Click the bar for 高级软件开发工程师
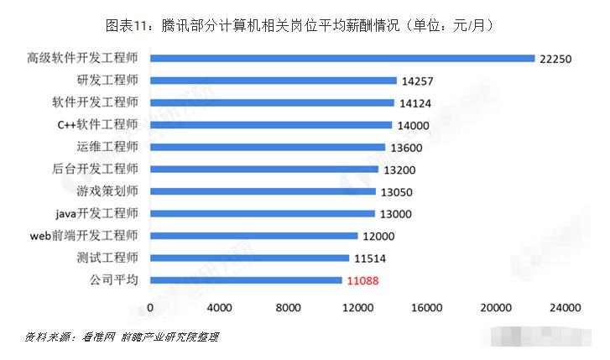(341, 59)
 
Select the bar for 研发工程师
(273, 81)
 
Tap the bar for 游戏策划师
(263, 191)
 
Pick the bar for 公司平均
(246, 280)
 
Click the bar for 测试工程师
(249, 258)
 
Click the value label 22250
(557, 59)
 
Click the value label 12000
(380, 237)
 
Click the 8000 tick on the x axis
(289, 308)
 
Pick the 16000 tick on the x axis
(428, 308)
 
